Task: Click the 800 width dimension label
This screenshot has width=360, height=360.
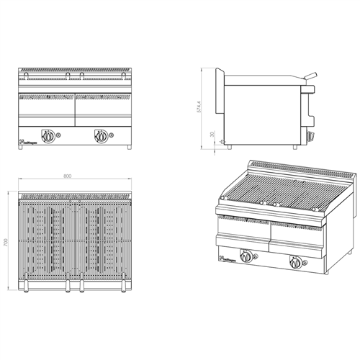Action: click(67, 176)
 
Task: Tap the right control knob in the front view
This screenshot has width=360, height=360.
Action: click(100, 134)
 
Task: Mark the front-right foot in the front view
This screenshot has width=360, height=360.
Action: click(130, 148)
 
